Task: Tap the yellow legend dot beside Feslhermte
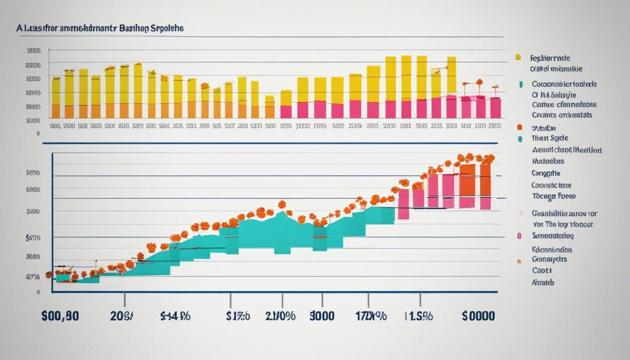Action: (x=519, y=57)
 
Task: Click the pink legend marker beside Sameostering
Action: (x=520, y=236)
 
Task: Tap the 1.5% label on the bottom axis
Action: (x=419, y=316)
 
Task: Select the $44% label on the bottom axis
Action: (x=176, y=316)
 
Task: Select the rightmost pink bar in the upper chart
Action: (x=495, y=107)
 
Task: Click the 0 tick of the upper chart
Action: (x=38, y=132)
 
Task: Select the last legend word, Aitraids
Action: (x=542, y=282)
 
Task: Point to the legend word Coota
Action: (x=542, y=270)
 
